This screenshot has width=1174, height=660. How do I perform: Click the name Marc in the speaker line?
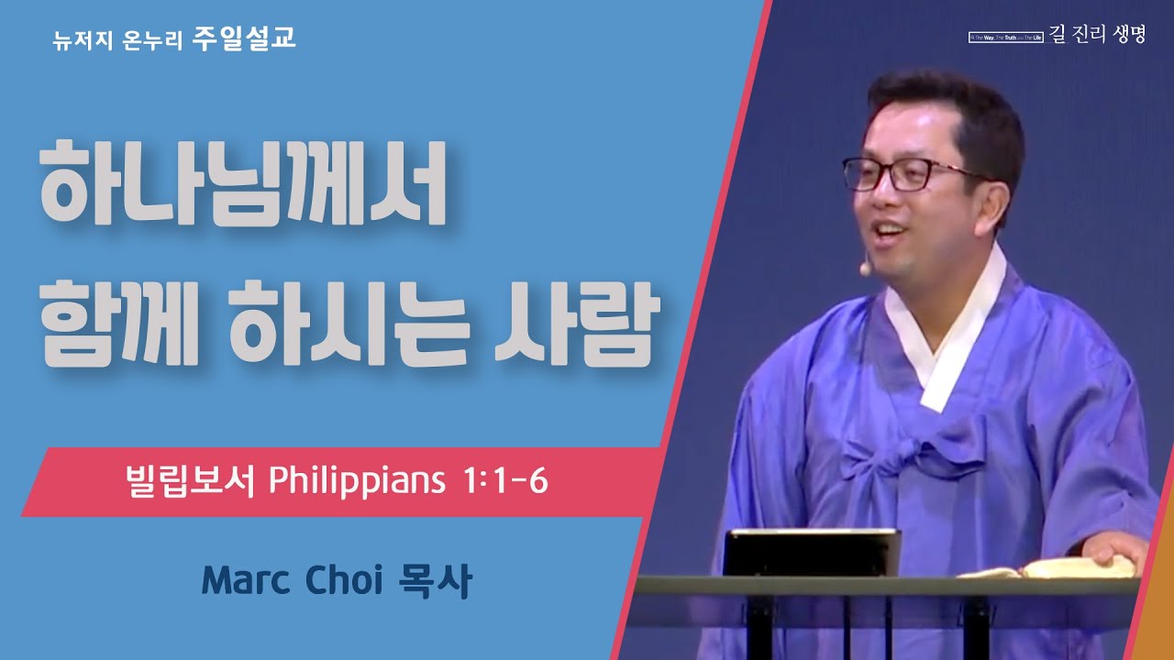pyautogui.click(x=244, y=581)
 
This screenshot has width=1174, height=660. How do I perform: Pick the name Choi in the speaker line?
pyautogui.click(x=343, y=581)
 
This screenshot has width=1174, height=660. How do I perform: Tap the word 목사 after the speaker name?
pyautogui.click(x=436, y=581)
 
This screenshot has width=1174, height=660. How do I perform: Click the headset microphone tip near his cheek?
pyautogui.click(x=864, y=270)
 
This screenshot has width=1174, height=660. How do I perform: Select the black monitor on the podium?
pyautogui.click(x=811, y=553)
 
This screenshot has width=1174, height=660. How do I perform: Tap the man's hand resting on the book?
pyautogui.click(x=1115, y=554)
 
